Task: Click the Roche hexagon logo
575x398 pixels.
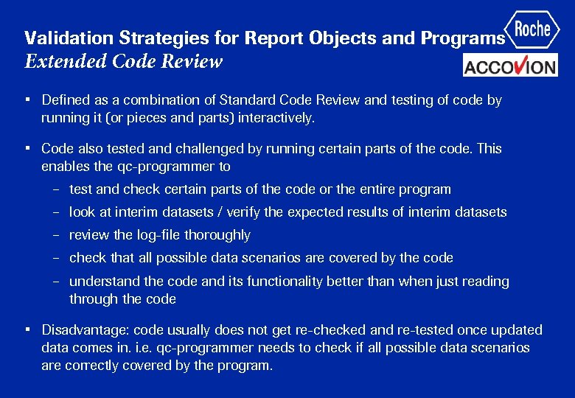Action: point(532,29)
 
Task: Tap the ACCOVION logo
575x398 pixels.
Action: point(510,66)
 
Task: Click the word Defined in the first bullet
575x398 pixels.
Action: point(65,99)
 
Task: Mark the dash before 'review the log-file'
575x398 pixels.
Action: point(56,236)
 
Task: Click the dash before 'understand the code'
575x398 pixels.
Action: point(56,282)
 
